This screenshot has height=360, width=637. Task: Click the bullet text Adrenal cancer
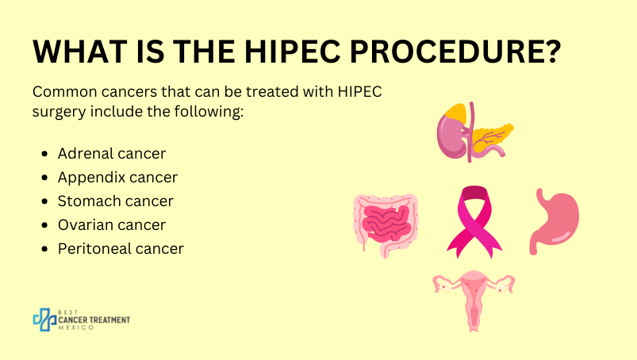pos(112,153)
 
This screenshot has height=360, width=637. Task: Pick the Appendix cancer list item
pos(117,178)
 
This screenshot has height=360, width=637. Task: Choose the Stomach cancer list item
pos(115,201)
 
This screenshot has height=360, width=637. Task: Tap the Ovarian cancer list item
pos(112,225)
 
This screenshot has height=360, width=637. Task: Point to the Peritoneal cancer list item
pos(121,248)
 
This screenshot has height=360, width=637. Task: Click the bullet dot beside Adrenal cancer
pos(44,154)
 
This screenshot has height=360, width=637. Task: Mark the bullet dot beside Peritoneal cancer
pos(44,249)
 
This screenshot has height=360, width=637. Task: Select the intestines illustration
pos(385,225)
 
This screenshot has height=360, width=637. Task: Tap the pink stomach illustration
pos(554,221)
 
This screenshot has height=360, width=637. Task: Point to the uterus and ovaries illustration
pos(474,301)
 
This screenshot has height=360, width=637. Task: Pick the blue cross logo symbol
pos(44,320)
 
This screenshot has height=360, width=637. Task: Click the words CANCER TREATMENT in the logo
pos(94,320)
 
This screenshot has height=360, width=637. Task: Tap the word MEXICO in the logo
pos(76,327)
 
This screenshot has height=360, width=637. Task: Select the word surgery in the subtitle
pos(59,112)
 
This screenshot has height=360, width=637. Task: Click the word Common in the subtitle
pos(65,92)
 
